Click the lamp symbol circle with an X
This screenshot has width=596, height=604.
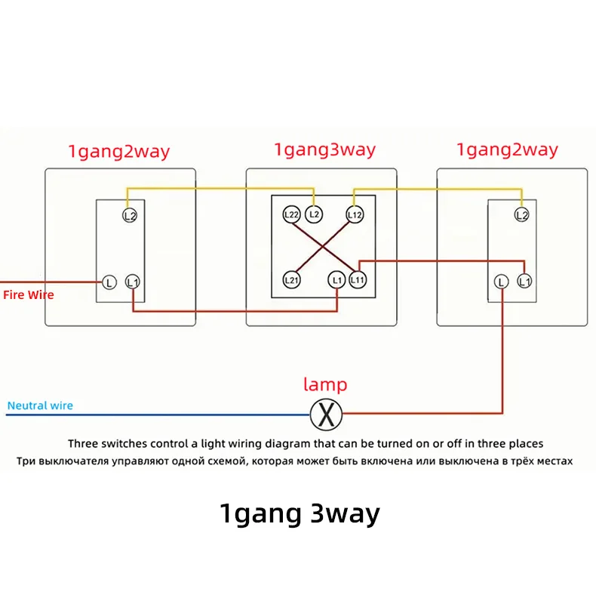click(326, 414)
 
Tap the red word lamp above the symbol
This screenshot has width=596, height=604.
click(325, 384)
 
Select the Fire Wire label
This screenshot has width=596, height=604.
click(29, 295)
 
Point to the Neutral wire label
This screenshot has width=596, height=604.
click(40, 405)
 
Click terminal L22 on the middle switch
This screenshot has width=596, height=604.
click(291, 214)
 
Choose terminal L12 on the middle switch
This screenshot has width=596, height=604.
click(355, 214)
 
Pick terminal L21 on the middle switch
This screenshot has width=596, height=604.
click(291, 280)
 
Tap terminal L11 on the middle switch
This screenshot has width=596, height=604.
click(358, 280)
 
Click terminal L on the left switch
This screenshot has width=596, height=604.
click(109, 282)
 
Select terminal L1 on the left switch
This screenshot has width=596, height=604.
click(133, 282)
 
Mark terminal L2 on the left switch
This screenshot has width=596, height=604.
click(130, 215)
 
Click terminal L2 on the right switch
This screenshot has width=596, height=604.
click(522, 214)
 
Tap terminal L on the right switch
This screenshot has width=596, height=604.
click(501, 282)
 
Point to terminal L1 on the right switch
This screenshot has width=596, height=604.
click(524, 281)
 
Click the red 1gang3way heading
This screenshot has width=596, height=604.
click(324, 149)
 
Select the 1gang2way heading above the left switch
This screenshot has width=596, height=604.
click(119, 152)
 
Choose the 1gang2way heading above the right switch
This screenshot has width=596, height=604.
click(507, 149)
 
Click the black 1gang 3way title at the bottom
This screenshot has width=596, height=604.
click(300, 514)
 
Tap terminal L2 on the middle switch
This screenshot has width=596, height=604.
click(314, 214)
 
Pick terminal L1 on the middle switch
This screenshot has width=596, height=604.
click(337, 280)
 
